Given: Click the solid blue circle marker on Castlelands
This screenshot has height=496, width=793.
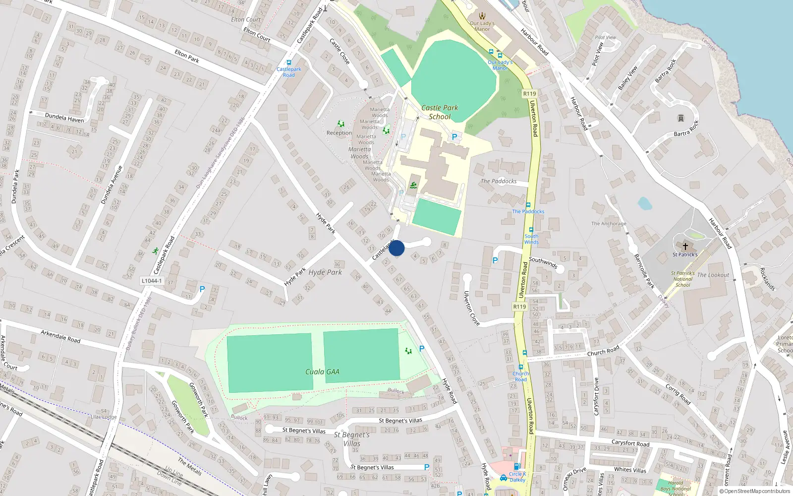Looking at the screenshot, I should click(396, 248).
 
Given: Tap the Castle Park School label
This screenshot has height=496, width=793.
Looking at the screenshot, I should click(440, 112).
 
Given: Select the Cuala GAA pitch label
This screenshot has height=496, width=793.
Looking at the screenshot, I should click(322, 372).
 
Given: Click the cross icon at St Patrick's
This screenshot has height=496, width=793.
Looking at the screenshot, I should click(685, 246).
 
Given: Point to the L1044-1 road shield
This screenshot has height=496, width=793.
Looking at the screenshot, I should click(152, 281).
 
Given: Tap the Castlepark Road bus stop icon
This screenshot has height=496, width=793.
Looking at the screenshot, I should click(289, 63).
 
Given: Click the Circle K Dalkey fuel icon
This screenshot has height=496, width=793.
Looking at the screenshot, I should click(517, 466).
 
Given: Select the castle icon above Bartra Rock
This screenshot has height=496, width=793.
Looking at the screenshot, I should click(680, 118).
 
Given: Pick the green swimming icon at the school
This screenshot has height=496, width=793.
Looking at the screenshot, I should click(413, 186).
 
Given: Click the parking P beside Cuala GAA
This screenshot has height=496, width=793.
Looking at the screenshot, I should click(422, 349).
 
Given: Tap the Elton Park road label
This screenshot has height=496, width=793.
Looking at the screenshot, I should click(187, 56).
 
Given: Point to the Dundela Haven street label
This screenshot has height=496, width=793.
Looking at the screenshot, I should click(64, 118).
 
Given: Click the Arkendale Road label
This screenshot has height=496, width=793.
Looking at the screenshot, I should click(60, 337).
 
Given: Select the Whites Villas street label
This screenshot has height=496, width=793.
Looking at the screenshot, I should click(630, 470).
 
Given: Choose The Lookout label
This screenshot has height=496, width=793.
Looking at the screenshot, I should click(713, 275).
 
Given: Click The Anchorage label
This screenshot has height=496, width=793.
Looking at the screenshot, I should click(609, 224).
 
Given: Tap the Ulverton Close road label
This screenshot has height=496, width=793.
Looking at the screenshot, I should click(471, 308).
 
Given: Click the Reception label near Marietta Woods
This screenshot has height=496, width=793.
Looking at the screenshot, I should click(339, 133).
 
